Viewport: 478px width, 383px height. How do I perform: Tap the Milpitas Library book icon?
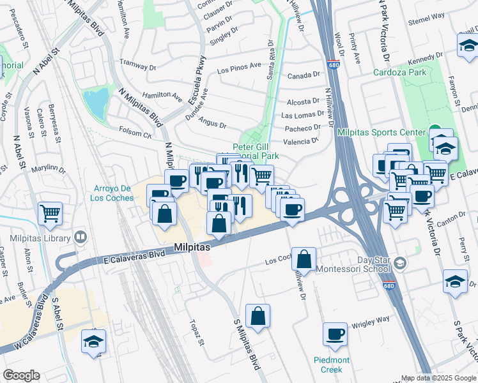(81, 237)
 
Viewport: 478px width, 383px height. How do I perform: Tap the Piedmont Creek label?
(331, 365)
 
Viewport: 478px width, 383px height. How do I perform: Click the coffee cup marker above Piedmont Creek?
(335, 333)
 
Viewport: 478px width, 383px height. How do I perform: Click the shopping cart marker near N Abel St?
(50, 213)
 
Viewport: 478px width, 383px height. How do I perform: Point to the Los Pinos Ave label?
(240, 66)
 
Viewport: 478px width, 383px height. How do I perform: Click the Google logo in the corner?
(22, 375)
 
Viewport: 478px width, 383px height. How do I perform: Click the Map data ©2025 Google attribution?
(438, 378)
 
